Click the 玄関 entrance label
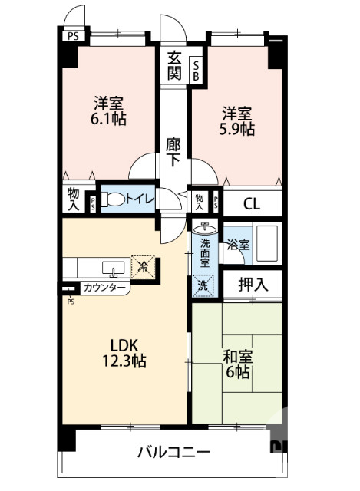pos(173,67)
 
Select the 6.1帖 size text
pos(109,119)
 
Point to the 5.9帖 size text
pos(237,130)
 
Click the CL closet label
pos(251,203)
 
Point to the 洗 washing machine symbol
pos(203,284)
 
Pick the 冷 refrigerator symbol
pos(143,266)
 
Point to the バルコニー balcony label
pos(173,453)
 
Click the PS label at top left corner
pos(72,35)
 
